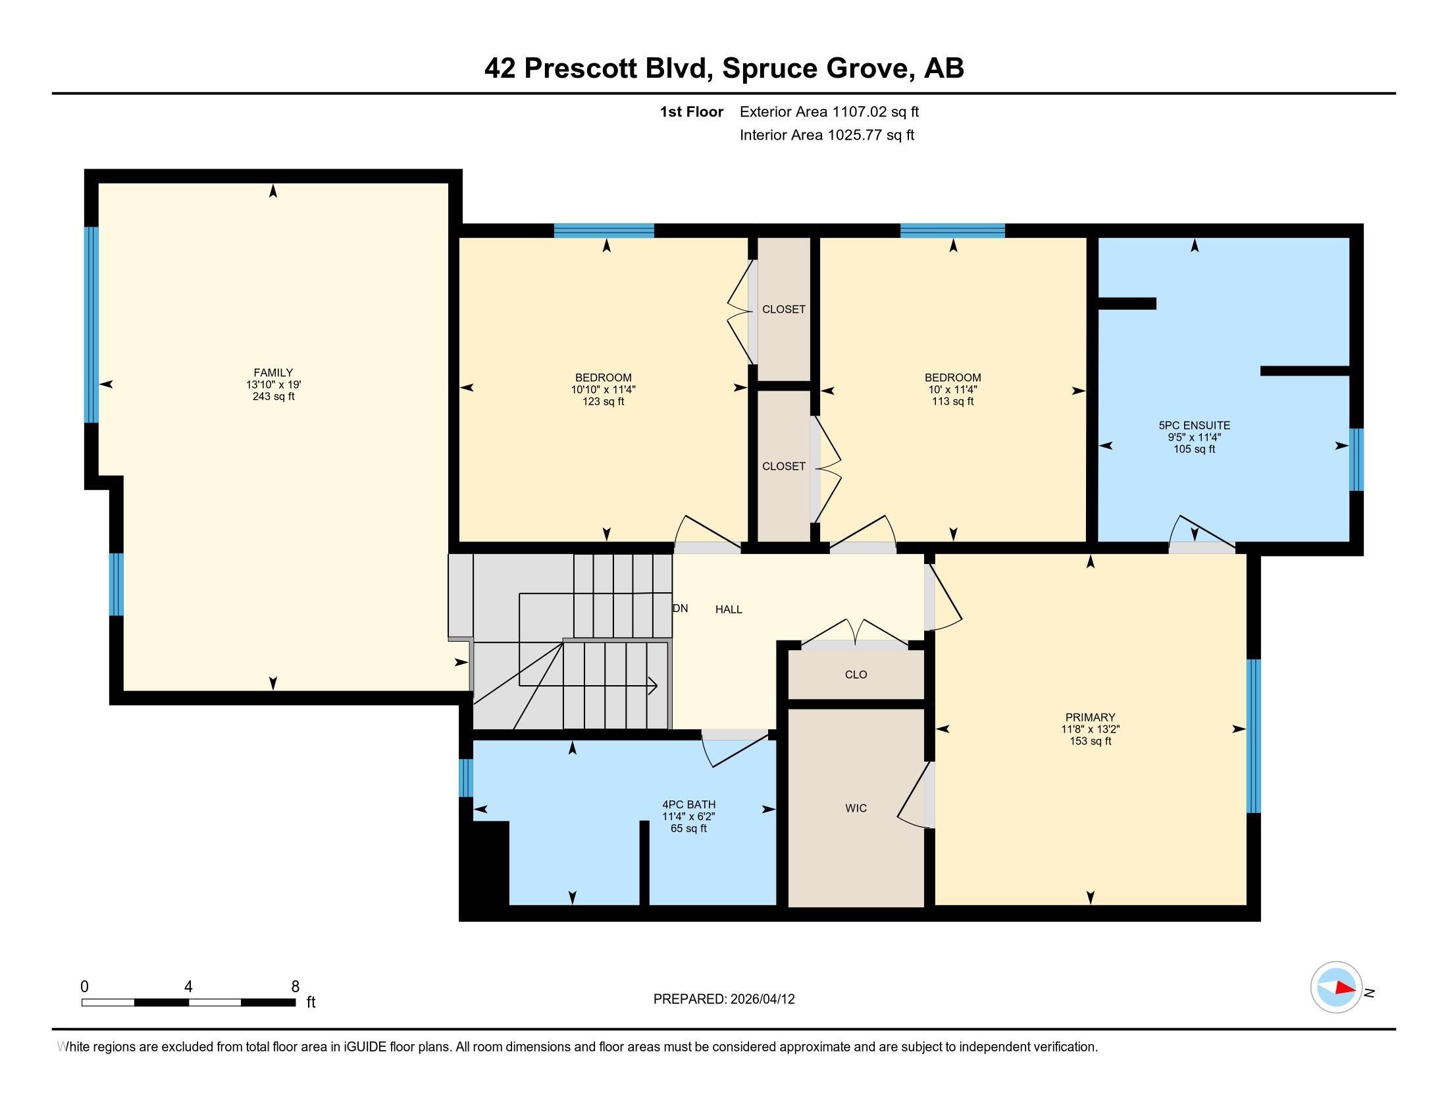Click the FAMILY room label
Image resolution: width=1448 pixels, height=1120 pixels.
273,373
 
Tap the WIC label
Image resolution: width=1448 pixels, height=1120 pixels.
856,808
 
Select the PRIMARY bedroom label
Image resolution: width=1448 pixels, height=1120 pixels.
1090,717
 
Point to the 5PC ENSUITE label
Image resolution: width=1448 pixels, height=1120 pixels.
1194,426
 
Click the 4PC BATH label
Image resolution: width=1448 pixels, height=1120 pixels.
689,805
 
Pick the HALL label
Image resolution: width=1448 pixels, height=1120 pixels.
729,609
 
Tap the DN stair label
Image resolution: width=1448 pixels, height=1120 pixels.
681,608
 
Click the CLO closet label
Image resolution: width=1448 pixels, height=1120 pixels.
856,674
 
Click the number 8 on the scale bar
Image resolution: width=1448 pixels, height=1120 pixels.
295,987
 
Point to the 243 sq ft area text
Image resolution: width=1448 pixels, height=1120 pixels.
273,397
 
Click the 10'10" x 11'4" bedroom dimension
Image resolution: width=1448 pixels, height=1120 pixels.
604,390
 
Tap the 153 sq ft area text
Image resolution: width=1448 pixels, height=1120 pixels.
1090,741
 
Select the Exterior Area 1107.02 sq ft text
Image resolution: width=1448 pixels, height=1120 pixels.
829,111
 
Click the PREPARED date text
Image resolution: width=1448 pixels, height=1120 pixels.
724,999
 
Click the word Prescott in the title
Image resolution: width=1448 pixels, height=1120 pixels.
585,68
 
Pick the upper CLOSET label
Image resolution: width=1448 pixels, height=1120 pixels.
784,309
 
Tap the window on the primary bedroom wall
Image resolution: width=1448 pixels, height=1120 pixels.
1253,736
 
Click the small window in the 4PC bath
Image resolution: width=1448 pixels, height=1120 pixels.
466,777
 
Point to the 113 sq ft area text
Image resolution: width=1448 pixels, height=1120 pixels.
953,401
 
